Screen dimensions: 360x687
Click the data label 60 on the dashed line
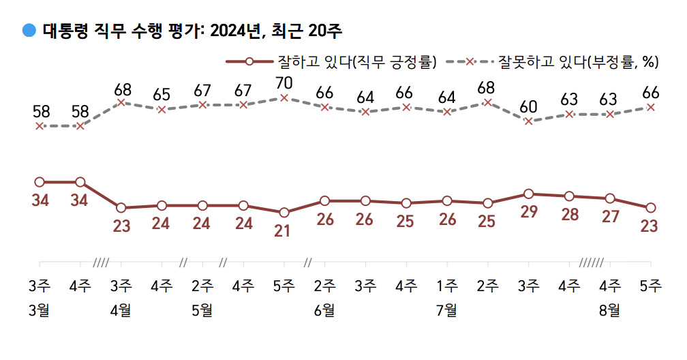click(528, 106)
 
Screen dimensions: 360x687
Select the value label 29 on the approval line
click(528, 211)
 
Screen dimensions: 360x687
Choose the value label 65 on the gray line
click(162, 94)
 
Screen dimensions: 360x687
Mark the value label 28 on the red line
click(568, 214)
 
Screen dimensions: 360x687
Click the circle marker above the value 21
click(284, 213)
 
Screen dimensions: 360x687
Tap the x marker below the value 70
click(284, 98)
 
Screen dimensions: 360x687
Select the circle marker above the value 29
click(528, 194)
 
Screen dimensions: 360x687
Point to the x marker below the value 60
click(528, 121)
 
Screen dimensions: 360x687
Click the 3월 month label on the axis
click(40, 310)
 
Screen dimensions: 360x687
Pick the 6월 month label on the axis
click(324, 310)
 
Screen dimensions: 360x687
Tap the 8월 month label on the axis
click(609, 310)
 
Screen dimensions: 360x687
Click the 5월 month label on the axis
click(202, 310)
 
